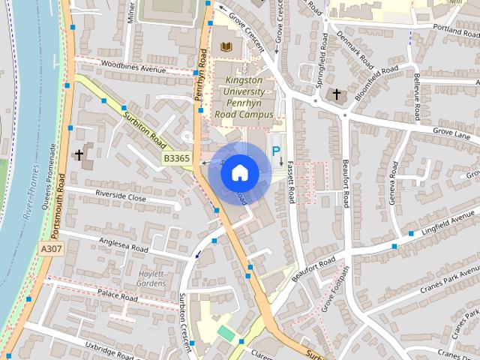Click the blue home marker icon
pyautogui.click(x=239, y=173)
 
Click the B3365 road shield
pyautogui.click(x=178, y=158)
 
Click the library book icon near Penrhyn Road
pyautogui.click(x=226, y=47)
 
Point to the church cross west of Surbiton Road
pyautogui.click(x=79, y=155)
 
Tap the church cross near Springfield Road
pyautogui.click(x=335, y=94)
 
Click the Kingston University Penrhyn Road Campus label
pyautogui.click(x=244, y=97)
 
